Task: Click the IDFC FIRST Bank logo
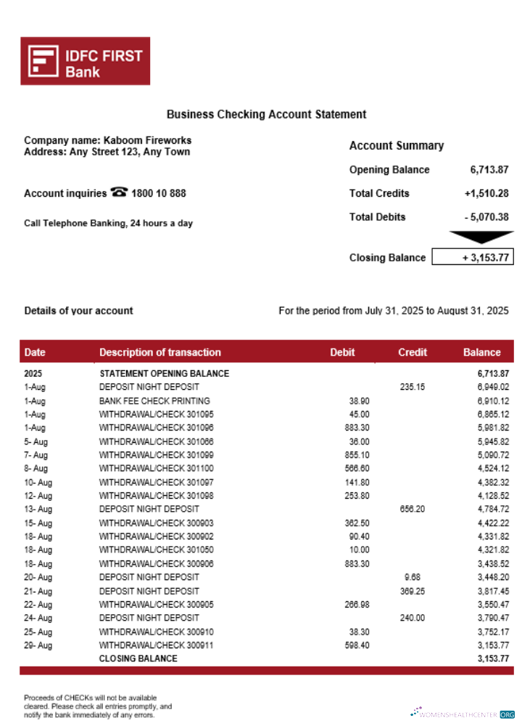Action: click(85, 61)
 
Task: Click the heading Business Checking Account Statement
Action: click(266, 114)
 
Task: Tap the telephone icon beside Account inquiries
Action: click(119, 193)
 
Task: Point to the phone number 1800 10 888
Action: click(159, 194)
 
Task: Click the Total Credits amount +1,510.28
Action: click(486, 193)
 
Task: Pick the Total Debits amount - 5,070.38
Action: click(486, 217)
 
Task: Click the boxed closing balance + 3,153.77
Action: click(473, 258)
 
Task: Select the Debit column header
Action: click(342, 352)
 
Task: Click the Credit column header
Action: click(413, 352)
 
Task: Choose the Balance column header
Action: click(481, 352)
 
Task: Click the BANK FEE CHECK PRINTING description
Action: click(154, 401)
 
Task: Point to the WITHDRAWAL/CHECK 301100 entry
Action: click(157, 468)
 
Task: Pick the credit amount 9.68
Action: click(413, 577)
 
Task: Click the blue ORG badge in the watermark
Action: click(507, 714)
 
